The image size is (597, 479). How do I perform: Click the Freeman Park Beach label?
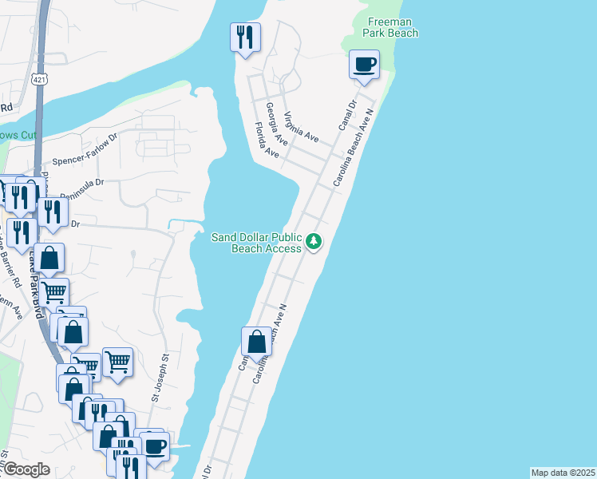click(x=390, y=27)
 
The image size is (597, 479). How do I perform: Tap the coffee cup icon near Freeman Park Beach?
click(x=364, y=65)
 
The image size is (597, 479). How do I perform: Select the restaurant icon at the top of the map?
click(x=245, y=37)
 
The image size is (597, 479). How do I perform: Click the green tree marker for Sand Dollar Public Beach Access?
click(x=314, y=241)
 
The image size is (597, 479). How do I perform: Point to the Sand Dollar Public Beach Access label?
click(x=257, y=243)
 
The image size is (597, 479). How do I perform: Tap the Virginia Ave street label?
click(x=301, y=127)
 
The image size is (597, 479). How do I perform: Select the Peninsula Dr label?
click(x=77, y=185)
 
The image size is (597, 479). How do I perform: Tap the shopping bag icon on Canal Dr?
click(x=257, y=341)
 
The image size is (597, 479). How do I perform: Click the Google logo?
click(x=26, y=469)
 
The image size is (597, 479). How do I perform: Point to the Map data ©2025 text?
click(x=563, y=473)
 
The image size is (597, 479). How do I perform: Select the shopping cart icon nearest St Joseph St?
click(x=117, y=361)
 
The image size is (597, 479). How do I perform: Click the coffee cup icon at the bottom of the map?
click(x=155, y=445)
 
